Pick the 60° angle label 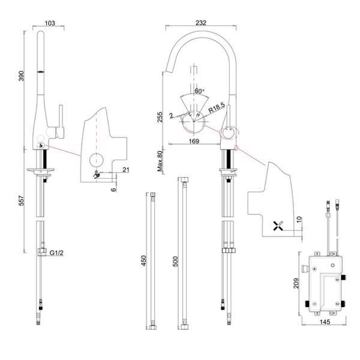[199, 91]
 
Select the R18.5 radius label [217, 110]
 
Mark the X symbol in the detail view [278, 226]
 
